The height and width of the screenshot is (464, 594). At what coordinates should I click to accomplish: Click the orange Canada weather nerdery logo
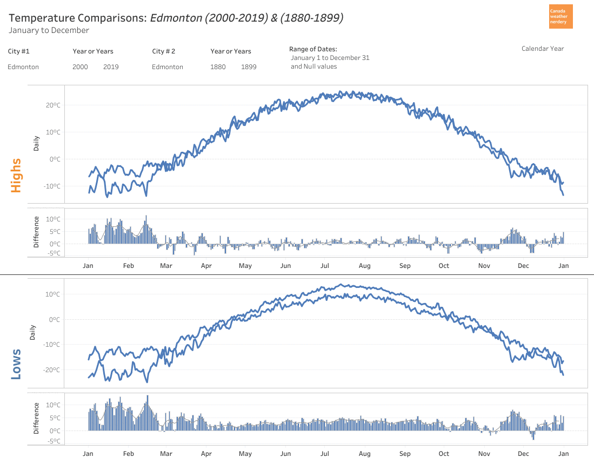[x=560, y=17]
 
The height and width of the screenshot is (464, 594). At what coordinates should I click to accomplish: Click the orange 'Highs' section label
[x=16, y=175]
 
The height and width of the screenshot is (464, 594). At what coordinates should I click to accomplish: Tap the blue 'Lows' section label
[x=16, y=364]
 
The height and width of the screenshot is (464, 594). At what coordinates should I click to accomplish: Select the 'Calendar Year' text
[x=542, y=49]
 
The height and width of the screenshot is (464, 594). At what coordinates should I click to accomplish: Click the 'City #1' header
[x=19, y=51]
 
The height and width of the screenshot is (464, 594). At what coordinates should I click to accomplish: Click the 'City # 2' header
[x=163, y=51]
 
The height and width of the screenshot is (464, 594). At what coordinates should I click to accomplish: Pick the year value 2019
[x=111, y=67]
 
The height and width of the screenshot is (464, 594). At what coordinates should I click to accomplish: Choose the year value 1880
[x=218, y=67]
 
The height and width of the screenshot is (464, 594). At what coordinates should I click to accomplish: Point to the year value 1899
[x=249, y=67]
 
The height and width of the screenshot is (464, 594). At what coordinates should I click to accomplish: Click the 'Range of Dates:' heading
[x=313, y=49]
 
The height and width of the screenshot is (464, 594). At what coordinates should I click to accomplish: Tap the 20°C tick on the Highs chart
[x=52, y=105]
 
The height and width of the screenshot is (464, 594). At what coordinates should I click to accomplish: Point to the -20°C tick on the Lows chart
[x=51, y=370]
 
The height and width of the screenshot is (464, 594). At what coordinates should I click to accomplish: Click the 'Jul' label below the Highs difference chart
[x=325, y=266]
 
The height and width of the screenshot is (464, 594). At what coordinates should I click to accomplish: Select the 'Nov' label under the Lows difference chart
[x=484, y=454]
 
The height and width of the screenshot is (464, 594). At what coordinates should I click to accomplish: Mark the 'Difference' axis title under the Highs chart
[x=36, y=232]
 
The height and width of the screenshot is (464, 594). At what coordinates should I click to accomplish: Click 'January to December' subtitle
[x=49, y=30]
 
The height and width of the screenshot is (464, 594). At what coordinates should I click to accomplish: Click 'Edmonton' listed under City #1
[x=23, y=67]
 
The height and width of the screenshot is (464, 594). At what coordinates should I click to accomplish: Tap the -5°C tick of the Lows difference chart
[x=53, y=441]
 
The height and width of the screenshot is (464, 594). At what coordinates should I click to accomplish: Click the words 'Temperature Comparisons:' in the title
[x=77, y=18]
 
